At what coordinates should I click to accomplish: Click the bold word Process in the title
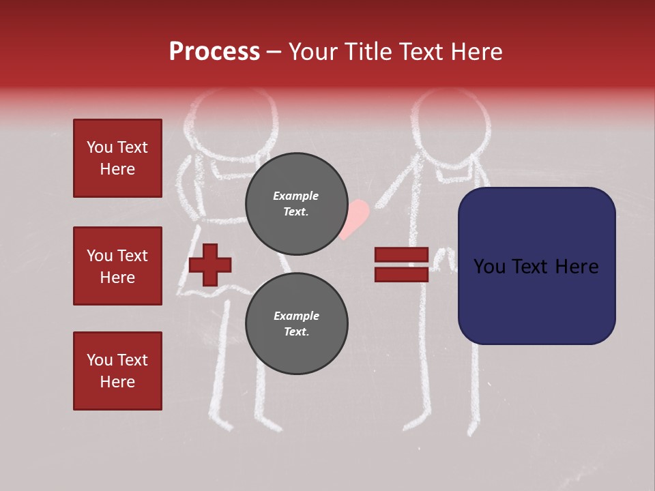tap(214, 51)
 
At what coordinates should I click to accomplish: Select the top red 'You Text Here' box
tap(117, 158)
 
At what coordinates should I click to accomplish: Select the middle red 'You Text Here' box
tap(117, 266)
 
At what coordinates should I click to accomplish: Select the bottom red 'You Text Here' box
tap(117, 371)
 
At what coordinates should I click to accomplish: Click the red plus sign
tap(210, 263)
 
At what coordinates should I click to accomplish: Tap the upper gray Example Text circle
tap(296, 203)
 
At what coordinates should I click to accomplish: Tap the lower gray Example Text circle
tap(296, 323)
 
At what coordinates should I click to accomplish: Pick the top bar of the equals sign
tap(401, 255)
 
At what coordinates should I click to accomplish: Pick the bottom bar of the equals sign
tap(401, 274)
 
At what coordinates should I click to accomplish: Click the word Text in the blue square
tap(536, 267)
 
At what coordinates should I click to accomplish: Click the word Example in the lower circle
tap(296, 316)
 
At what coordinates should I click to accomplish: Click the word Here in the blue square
tap(577, 267)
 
